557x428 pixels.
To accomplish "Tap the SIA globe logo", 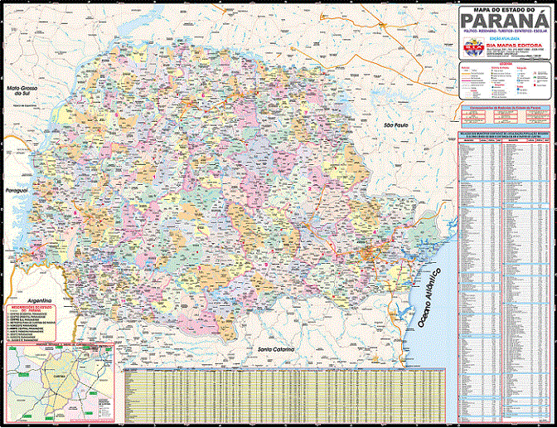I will click(x=471, y=49).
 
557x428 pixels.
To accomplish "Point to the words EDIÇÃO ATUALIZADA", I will click(x=504, y=38).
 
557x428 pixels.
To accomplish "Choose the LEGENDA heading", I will click(x=504, y=63).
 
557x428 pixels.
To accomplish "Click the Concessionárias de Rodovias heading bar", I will click(x=504, y=107).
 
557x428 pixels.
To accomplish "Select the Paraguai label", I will click(x=17, y=191).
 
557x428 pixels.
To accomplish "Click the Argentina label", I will click(x=38, y=299).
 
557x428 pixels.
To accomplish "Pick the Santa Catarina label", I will click(x=274, y=350).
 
